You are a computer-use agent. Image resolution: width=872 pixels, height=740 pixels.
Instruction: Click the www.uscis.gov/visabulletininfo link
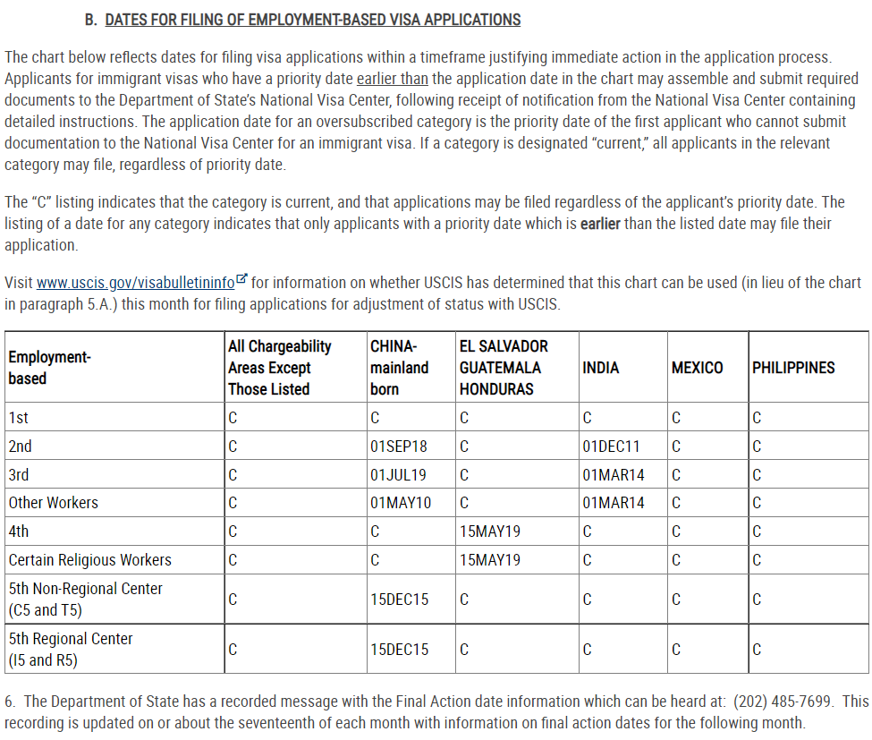coord(135,283)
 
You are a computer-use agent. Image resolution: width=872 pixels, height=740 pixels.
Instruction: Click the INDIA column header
coord(600,368)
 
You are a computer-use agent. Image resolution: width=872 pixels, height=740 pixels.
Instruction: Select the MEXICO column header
coord(697,368)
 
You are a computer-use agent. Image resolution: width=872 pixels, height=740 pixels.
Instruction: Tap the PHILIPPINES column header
coord(793,368)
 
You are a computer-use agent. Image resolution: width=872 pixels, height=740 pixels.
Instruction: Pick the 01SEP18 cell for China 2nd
coord(398,446)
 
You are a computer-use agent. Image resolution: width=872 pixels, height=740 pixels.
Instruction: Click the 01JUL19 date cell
coord(398,474)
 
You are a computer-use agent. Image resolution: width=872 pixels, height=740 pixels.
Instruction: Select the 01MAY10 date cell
coord(400,503)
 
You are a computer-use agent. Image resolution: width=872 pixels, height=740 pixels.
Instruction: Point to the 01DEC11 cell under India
coord(611,446)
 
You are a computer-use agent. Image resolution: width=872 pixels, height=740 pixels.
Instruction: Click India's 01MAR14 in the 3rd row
coord(613,474)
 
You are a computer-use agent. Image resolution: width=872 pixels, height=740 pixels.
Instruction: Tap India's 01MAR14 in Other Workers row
coord(613,503)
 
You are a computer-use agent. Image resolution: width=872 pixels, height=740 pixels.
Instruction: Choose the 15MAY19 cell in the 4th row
coord(490,532)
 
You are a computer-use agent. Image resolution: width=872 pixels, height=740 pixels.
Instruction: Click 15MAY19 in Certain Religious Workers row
coord(490,560)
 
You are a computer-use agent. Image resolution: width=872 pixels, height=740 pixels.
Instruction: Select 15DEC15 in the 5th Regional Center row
coord(399,650)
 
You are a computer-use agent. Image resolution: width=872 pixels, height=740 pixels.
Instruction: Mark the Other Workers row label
coord(54,503)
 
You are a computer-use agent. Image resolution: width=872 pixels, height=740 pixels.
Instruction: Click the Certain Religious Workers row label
coord(89,560)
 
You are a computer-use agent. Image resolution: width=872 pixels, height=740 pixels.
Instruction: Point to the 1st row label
coord(18,417)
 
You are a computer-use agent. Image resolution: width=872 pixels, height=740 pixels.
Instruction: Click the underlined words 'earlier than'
coord(392,79)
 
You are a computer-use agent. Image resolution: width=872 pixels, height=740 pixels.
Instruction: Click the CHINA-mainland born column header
coord(399,368)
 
